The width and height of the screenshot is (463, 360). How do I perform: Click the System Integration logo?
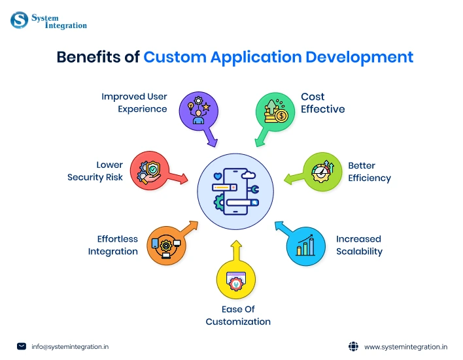[x=48, y=21]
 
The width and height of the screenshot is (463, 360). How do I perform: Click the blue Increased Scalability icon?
[x=305, y=245]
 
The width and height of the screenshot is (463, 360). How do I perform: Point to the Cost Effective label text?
[x=322, y=103]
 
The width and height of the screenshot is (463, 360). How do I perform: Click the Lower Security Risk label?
[x=95, y=171]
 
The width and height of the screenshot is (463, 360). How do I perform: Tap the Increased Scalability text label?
[x=359, y=245]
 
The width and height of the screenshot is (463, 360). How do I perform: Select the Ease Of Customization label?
[x=238, y=315]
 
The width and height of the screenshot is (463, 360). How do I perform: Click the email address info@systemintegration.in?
[x=71, y=346]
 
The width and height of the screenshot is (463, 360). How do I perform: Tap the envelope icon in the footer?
[x=22, y=346]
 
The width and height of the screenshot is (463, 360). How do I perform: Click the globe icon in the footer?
[x=353, y=346]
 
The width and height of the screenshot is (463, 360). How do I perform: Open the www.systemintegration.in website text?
[x=405, y=346]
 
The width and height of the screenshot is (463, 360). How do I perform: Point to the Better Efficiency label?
[x=369, y=172]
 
